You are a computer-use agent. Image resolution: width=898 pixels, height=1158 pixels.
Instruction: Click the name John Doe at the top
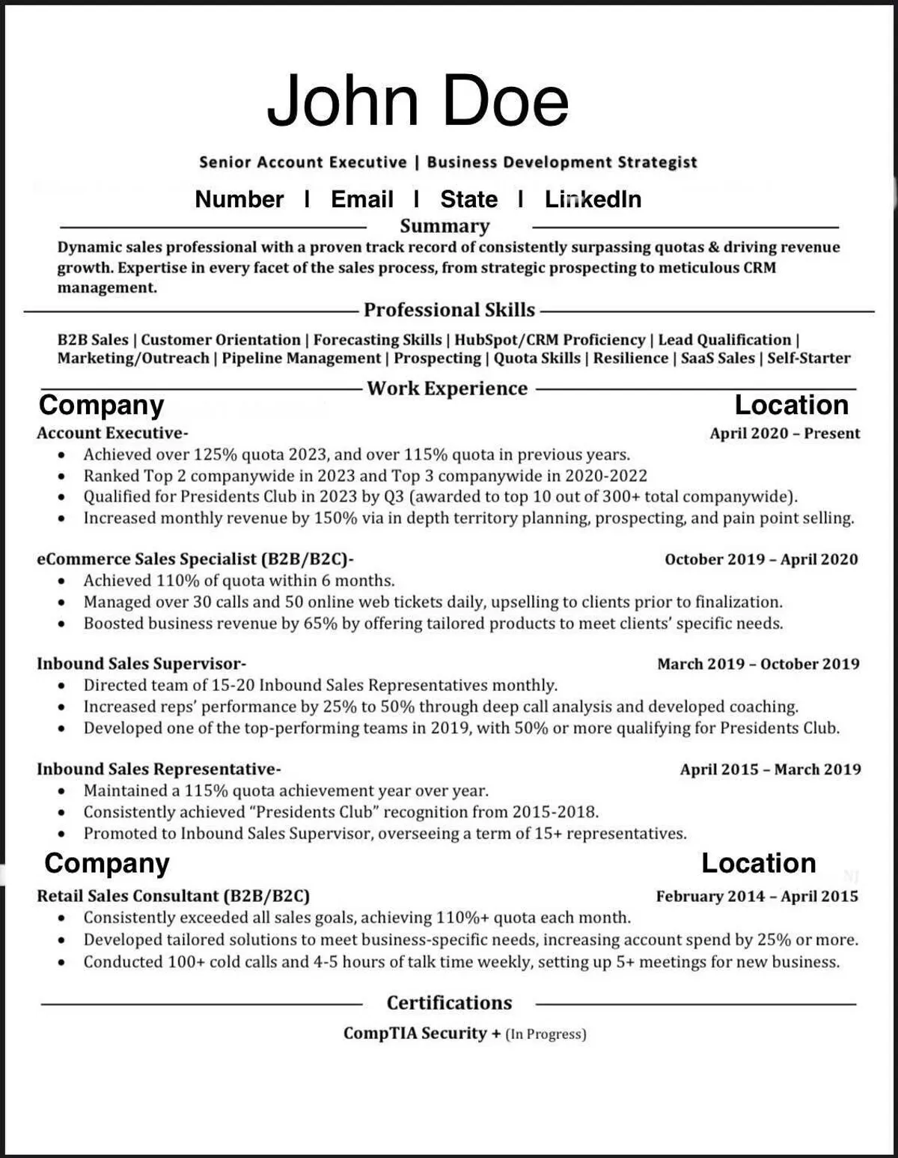418,100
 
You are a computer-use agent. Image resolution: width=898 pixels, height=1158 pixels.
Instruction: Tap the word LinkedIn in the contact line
593,199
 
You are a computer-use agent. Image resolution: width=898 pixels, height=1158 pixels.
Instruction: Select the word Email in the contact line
361,199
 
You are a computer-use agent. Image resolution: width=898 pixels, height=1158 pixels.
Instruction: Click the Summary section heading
445,226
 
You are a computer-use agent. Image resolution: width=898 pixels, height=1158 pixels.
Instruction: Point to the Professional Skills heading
449,310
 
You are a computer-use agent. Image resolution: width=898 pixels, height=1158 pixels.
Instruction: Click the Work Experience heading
447,388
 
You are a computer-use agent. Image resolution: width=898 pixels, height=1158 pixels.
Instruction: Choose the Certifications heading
449,1003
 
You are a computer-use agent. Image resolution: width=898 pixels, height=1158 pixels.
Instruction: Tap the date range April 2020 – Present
784,433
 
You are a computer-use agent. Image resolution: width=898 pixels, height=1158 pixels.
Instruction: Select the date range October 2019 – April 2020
761,559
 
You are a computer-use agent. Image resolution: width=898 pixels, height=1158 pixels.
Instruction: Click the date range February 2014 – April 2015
757,896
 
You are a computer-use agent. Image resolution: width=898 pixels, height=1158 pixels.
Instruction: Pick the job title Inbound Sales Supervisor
140,664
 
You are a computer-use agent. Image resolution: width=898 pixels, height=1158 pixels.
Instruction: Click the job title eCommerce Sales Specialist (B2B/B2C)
194,559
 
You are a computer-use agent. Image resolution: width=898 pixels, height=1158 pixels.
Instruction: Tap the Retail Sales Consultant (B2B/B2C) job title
173,896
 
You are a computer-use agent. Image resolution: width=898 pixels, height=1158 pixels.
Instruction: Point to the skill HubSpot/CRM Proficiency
549,340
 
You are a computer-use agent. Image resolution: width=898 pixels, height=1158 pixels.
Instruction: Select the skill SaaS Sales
718,358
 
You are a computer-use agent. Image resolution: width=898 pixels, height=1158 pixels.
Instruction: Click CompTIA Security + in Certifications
421,1034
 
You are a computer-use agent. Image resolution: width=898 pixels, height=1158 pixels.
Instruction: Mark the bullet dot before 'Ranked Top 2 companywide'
63,476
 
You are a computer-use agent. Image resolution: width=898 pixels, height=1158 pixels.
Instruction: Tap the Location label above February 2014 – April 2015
758,863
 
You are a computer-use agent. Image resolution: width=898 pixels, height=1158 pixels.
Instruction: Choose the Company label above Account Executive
101,405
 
